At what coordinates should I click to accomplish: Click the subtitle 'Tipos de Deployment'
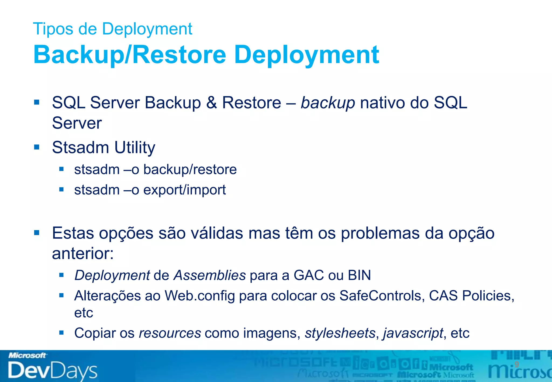[x=112, y=29]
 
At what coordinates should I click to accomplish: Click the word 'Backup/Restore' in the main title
[x=129, y=55]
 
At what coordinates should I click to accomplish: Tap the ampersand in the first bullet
[x=211, y=103]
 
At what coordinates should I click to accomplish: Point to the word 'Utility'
[x=134, y=148]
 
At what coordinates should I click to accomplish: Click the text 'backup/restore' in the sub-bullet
[x=190, y=169]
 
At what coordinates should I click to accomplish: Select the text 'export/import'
[x=184, y=190]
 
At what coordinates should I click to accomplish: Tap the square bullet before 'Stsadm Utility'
[x=37, y=147]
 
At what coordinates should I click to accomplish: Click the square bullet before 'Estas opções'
[x=37, y=232]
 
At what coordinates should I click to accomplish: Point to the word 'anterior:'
[x=83, y=253]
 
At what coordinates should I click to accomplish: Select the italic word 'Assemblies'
[x=209, y=275]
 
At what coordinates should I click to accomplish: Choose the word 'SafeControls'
[x=380, y=296]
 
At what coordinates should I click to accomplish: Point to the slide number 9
[x=516, y=364]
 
